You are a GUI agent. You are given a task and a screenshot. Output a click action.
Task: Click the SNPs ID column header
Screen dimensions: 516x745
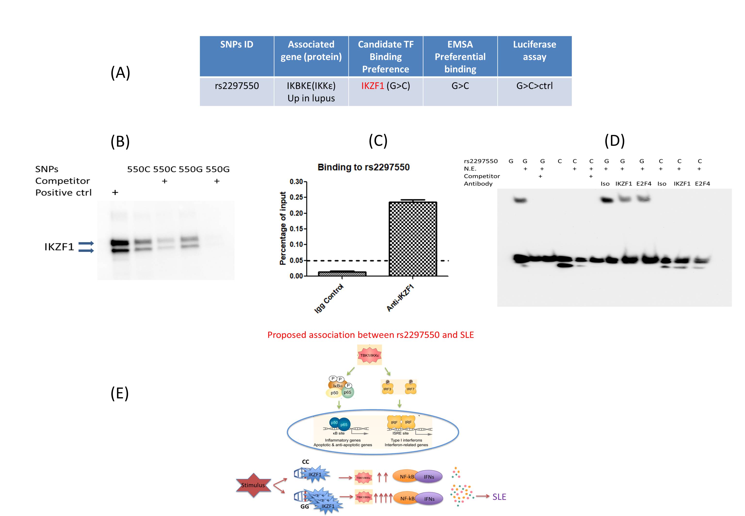pyautogui.click(x=237, y=45)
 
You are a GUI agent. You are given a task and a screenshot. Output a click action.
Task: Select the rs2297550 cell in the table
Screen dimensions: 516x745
pyautogui.click(x=237, y=86)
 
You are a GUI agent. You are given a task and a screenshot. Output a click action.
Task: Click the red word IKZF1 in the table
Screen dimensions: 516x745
pyautogui.click(x=372, y=86)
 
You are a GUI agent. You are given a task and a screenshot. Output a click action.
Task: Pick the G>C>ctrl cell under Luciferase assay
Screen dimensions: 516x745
pyautogui.click(x=534, y=86)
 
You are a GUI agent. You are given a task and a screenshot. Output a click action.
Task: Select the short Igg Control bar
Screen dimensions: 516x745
pyautogui.click(x=342, y=273)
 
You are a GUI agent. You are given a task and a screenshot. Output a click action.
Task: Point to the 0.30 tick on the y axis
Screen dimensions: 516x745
pyautogui.click(x=296, y=182)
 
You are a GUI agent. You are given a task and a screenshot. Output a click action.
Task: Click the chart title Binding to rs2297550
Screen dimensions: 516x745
pyautogui.click(x=363, y=167)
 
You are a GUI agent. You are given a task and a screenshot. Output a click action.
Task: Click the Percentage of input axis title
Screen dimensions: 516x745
pyautogui.click(x=283, y=228)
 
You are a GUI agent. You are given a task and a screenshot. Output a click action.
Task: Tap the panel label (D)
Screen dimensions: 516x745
pyautogui.click(x=614, y=141)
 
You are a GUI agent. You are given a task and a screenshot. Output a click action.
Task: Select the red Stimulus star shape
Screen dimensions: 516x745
pyautogui.click(x=253, y=485)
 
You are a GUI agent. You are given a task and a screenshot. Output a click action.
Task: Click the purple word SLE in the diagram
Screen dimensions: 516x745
pyautogui.click(x=499, y=497)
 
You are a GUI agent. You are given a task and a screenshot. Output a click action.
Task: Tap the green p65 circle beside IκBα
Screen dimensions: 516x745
pyautogui.click(x=348, y=393)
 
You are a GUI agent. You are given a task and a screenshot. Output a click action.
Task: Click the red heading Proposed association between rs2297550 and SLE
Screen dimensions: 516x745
pyautogui.click(x=370, y=335)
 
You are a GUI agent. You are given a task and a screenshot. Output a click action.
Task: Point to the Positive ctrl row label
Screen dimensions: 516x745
pyautogui.click(x=63, y=193)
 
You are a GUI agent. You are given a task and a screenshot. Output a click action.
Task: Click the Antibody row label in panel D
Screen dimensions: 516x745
pyautogui.click(x=478, y=184)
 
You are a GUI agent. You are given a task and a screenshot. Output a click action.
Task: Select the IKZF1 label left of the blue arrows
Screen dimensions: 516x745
pyautogui.click(x=59, y=247)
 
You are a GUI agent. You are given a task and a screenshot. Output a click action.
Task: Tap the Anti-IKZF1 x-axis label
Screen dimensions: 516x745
pyautogui.click(x=400, y=298)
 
